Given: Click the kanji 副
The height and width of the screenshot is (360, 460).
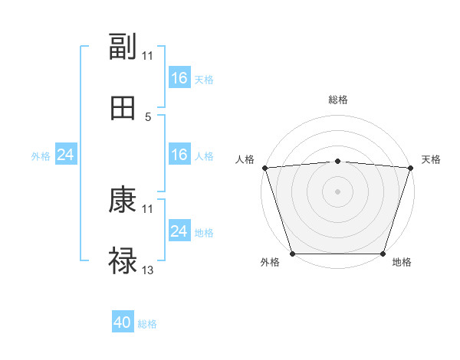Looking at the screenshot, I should [123, 47].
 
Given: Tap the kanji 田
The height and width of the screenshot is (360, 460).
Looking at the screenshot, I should [123, 108].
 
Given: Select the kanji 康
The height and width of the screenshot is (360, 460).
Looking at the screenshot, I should [123, 201].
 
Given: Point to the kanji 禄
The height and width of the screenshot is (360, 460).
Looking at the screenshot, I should [123, 261].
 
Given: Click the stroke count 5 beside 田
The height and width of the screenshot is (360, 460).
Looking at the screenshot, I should [148, 116].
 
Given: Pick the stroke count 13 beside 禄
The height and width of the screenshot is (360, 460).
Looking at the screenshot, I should [148, 270].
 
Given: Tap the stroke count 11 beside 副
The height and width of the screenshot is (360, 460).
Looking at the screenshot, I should [148, 56].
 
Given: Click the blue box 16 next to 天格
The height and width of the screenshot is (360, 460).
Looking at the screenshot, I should [179, 78].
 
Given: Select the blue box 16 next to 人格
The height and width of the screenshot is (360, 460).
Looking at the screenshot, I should [179, 155].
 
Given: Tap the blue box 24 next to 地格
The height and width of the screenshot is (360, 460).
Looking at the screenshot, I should [179, 231].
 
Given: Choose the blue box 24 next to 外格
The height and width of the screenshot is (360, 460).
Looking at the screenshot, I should [66, 155].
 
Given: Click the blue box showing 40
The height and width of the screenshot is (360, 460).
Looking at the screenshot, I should [123, 323].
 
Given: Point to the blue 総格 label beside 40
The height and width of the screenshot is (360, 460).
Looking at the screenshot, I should [148, 324].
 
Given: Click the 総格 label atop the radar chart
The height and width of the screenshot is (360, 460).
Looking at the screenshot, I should [338, 100].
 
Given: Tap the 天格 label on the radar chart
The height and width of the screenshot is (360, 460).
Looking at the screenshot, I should [432, 159].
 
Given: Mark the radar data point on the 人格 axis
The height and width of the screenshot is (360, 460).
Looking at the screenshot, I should [264, 168].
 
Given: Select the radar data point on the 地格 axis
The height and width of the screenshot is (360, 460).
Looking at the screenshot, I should [383, 254].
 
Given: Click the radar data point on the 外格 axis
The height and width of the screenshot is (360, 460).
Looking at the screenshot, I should [293, 254].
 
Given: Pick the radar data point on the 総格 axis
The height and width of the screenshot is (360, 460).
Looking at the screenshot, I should [338, 161].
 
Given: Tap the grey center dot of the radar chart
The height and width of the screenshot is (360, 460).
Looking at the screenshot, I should [338, 191].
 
